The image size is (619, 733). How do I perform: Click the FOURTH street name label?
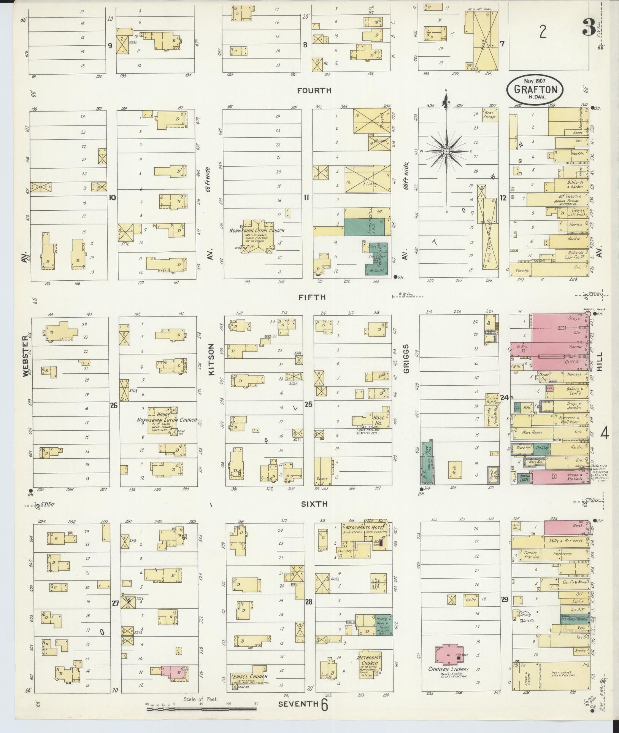pyautogui.click(x=314, y=91)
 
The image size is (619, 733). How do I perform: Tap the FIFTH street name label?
pyautogui.click(x=312, y=297)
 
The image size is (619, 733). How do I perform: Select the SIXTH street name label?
pyautogui.click(x=314, y=504)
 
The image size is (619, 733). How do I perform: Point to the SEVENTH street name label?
pyautogui.click(x=298, y=704)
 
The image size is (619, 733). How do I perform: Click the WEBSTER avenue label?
pyautogui.click(x=25, y=356)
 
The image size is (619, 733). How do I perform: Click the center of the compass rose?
pyautogui.click(x=446, y=151)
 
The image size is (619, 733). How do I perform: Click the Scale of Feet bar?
pyautogui.click(x=202, y=708)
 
